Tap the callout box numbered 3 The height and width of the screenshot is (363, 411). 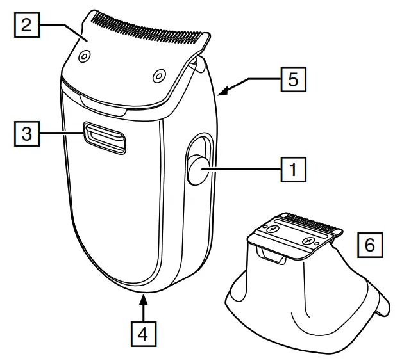tap(26, 134)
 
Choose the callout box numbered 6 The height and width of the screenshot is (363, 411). tap(371, 244)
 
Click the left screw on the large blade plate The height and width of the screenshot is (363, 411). tap(82, 58)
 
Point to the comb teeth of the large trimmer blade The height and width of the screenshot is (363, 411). tap(151, 24)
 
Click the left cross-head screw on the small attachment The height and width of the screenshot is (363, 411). tap(273, 229)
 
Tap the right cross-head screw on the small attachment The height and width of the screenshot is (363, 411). tap(310, 241)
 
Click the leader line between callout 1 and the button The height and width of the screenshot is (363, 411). tap(244, 170)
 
